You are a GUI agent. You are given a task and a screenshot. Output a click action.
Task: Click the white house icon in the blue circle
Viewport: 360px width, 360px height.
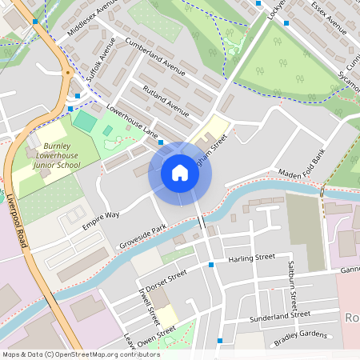180,173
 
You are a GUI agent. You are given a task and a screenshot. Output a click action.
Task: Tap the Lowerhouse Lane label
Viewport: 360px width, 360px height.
131,122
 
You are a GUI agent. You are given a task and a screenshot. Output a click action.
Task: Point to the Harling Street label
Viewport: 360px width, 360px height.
251,258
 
